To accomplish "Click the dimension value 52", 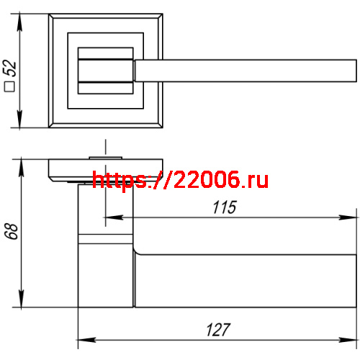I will (10, 70).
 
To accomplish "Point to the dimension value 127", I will (216, 330).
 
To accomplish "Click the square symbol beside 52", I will (10, 87).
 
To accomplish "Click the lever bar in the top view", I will (245, 70).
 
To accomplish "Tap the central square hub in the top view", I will (105, 70).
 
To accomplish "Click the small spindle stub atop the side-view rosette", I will (105, 156).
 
